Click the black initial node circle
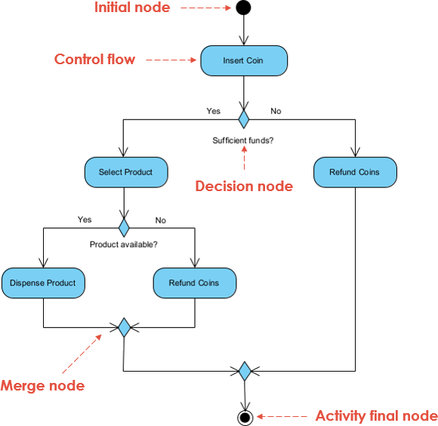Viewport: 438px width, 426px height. [243, 9]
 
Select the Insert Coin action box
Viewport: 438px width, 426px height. [243, 60]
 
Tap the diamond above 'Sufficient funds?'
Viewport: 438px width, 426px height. [243, 119]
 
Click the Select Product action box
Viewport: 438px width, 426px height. [125, 172]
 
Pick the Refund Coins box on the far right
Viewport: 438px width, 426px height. [354, 172]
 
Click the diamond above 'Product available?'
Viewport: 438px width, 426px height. [124, 227]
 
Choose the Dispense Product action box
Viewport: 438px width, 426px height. [43, 282]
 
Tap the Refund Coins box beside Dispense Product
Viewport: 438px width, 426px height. [194, 282]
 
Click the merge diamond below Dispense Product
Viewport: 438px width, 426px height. [124, 327]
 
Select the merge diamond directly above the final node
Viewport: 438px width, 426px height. [244, 371]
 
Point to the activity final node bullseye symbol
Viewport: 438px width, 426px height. [244, 416]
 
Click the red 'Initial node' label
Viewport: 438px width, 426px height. [132, 8]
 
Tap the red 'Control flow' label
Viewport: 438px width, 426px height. [94, 59]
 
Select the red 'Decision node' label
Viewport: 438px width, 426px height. [244, 186]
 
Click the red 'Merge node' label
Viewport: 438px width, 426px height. [42, 386]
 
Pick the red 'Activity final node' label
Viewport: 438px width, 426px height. [376, 416]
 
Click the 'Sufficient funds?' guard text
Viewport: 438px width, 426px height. [242, 140]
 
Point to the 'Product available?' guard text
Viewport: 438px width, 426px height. [124, 245]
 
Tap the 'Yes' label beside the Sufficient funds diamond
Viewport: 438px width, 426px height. [214, 111]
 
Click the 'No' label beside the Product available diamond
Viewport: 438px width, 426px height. [161, 220]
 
